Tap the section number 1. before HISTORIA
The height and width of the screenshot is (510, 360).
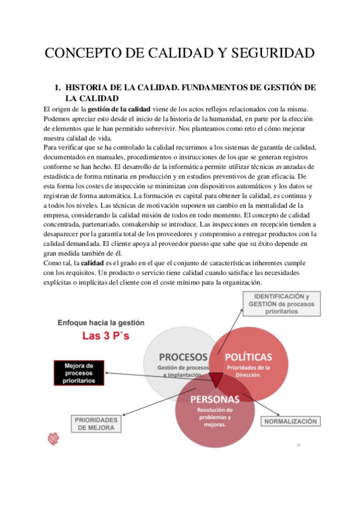tap(59, 88)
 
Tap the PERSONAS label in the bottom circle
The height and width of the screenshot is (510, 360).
tap(215, 399)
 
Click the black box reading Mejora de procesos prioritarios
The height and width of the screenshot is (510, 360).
tap(79, 372)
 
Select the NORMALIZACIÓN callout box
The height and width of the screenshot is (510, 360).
tap(290, 422)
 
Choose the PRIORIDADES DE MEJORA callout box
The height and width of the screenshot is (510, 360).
tap(97, 424)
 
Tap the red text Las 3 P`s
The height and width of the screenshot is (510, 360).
tap(106, 336)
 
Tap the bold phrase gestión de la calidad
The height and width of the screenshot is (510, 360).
tap(119, 109)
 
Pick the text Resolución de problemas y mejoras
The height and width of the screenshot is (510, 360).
tap(215, 417)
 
